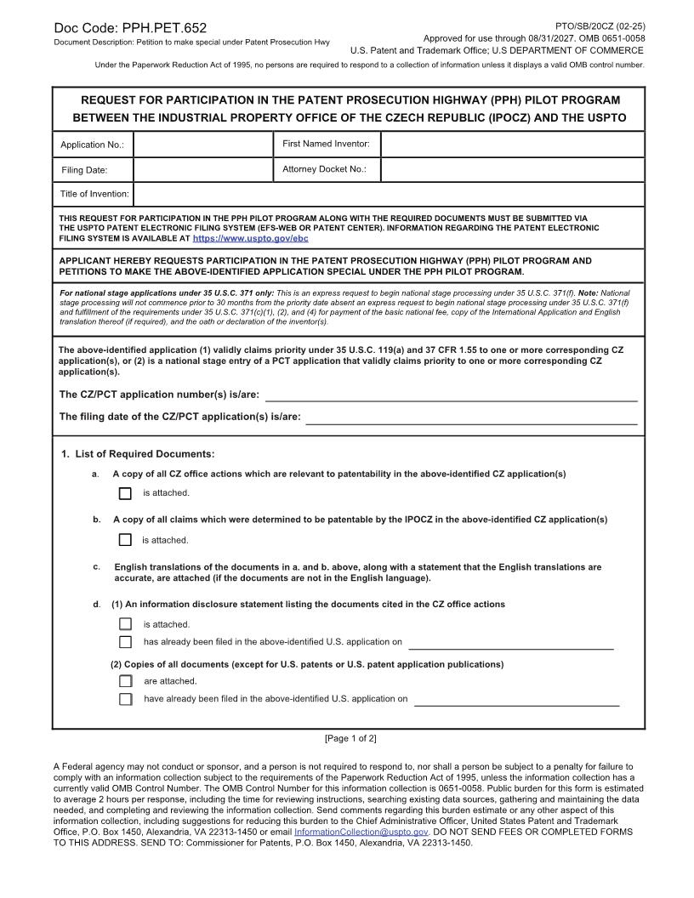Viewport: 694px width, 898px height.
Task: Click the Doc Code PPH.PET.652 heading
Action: (129, 28)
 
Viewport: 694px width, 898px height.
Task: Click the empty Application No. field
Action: (202, 145)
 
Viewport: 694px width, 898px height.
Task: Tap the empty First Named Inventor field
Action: (512, 145)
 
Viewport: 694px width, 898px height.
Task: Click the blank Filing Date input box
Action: (202, 170)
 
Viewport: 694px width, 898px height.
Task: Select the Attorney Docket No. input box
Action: (512, 170)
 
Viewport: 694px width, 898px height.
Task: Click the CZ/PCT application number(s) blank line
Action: (452, 395)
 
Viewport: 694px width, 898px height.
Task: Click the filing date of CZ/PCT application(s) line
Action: (471, 417)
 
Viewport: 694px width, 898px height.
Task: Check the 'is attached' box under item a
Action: (126, 493)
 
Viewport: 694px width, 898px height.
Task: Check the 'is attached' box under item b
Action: (126, 540)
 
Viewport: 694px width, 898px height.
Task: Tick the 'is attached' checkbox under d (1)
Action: (126, 624)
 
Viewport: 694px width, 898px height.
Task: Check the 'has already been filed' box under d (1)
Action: (126, 642)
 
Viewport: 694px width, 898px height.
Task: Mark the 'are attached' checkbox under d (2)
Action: (126, 681)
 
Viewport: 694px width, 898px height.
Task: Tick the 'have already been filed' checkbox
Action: (126, 699)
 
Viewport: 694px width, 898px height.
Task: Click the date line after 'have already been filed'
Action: (516, 700)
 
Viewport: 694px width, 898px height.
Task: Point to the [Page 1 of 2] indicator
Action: (350, 738)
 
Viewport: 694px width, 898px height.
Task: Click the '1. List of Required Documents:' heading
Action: (138, 454)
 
